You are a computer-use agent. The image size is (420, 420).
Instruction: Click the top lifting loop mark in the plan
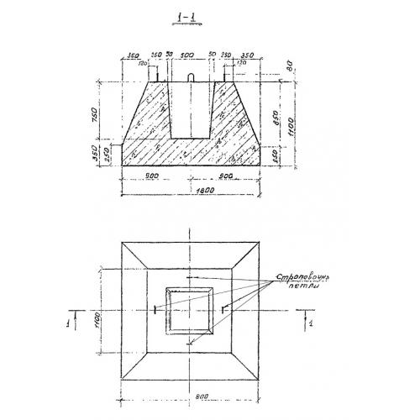click(x=190, y=277)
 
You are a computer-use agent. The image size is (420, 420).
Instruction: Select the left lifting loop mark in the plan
click(x=157, y=310)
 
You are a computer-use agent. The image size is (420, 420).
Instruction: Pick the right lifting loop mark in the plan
click(x=223, y=310)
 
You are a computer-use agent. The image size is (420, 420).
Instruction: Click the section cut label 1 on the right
click(x=311, y=319)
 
